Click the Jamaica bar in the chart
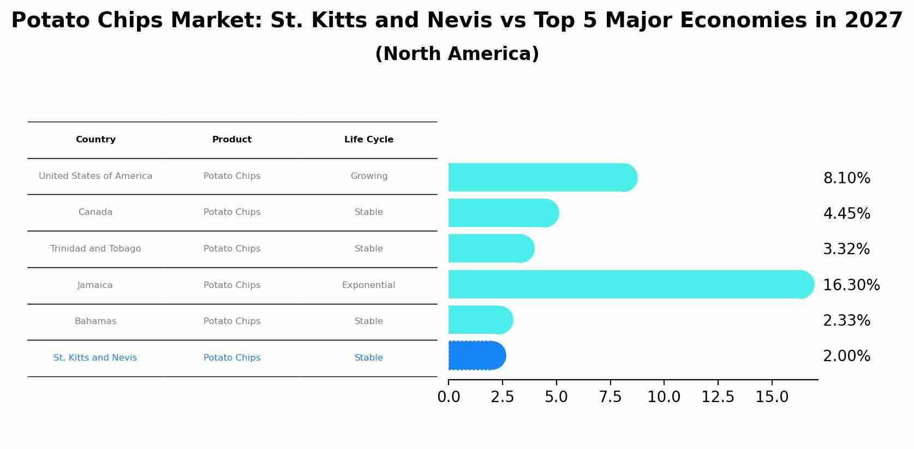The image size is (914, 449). pos(630,284)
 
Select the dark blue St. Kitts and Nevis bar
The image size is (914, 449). pos(476,356)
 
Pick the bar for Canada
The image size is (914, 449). pos(503,213)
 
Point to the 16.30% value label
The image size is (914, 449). pos(851,285)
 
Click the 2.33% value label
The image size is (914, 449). pos(846,321)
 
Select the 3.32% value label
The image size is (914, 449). pos(846,249)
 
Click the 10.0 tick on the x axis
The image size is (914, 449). pos(664,397)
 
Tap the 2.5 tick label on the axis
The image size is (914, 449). pos(502,397)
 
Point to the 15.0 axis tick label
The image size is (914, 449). pos(772,397)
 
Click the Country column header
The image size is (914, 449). pos(95,140)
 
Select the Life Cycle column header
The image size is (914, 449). pos(369,140)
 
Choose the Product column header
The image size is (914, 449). pos(232,140)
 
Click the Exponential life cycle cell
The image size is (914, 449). pos(369,285)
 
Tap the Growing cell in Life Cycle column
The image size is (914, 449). pos(369,176)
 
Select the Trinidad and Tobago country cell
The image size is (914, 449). pos(95,249)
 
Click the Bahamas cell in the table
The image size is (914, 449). pos(95,321)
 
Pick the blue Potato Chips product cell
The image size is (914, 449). pos(232,358)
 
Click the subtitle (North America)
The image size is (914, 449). pos(457,54)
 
